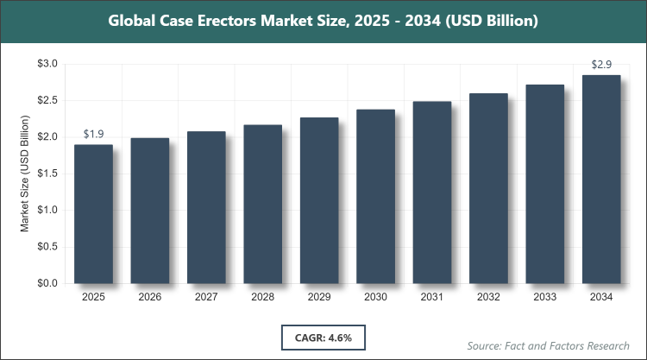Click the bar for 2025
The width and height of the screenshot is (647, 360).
(x=93, y=214)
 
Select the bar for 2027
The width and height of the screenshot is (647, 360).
(x=206, y=207)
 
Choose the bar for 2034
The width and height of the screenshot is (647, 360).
(x=600, y=180)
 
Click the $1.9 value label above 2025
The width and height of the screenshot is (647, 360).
(x=93, y=134)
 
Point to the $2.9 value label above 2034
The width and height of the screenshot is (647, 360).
(x=600, y=65)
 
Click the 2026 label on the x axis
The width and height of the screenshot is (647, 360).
(x=150, y=298)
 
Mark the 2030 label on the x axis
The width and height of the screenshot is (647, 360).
(x=375, y=298)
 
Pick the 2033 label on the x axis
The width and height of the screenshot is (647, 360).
(x=544, y=298)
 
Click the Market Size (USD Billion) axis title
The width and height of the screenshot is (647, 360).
(x=26, y=174)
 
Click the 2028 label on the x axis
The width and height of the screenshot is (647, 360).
(x=262, y=298)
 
